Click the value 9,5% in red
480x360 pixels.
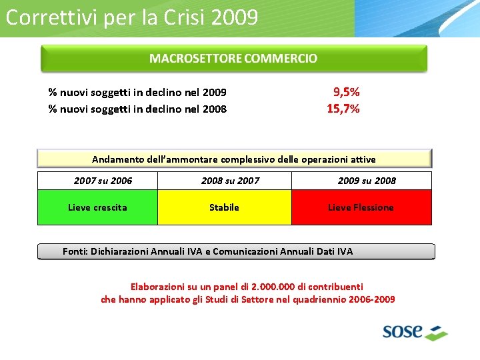[346, 92]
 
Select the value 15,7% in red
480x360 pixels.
[343, 108]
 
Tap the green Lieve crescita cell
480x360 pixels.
[97, 207]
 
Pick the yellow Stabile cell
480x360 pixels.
[224, 207]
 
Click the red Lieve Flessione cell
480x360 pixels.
[361, 207]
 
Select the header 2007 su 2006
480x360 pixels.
[103, 181]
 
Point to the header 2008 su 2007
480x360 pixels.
[230, 181]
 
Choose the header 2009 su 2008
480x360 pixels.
[367, 181]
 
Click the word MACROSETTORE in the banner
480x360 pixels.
[195, 59]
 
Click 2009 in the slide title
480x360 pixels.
[234, 17]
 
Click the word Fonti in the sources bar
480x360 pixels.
[75, 251]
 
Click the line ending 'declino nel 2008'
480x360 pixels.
[137, 109]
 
